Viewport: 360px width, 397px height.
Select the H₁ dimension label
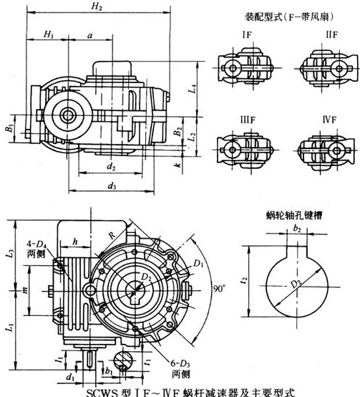pos(48,34)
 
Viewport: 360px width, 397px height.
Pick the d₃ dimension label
pos(112,186)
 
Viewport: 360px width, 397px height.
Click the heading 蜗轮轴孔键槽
pos(291,213)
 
